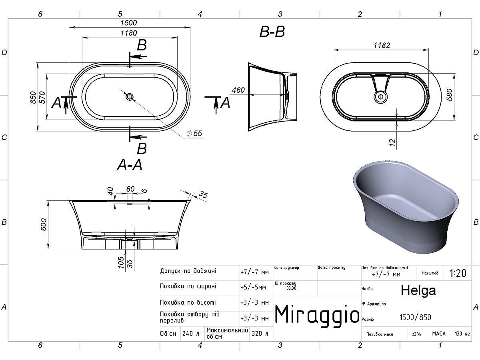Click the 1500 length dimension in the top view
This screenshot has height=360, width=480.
[128, 23]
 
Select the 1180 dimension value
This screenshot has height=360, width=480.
[128, 33]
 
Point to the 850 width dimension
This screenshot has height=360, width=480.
[33, 97]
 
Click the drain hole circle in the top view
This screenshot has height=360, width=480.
[130, 97]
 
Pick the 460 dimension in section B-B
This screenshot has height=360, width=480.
[238, 90]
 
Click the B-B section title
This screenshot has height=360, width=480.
[272, 32]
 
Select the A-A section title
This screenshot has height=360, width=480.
[130, 165]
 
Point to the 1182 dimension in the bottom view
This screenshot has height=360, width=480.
[382, 45]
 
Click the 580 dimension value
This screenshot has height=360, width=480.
[450, 95]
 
